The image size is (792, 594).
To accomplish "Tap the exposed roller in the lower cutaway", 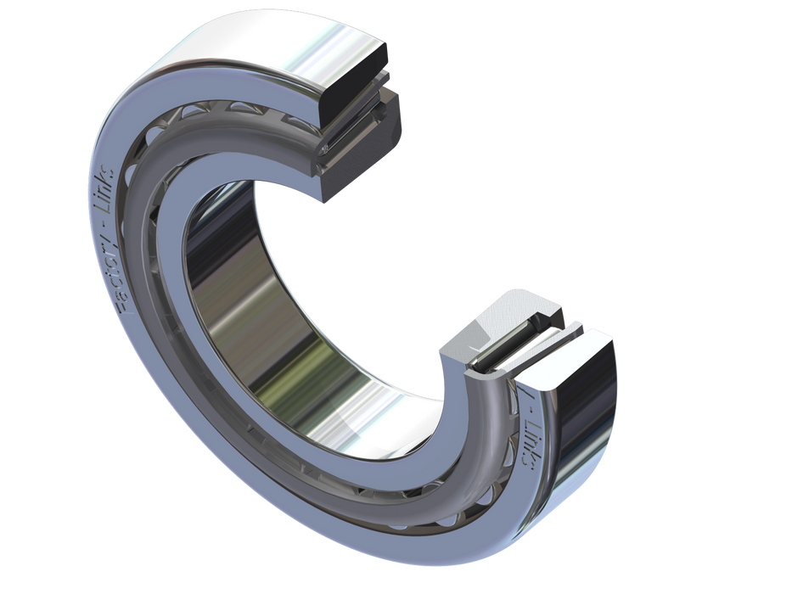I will pos(504,339).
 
